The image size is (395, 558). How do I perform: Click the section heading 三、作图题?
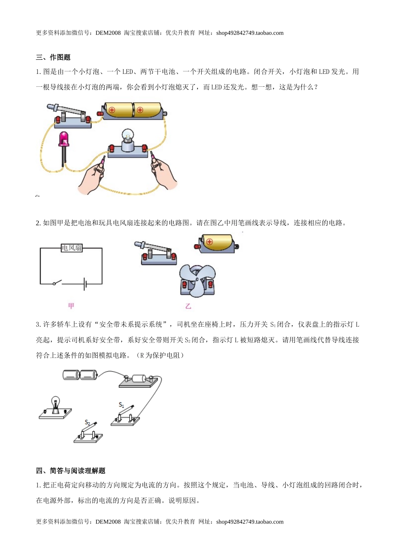[x=53, y=57]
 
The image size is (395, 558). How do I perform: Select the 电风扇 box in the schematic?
[x=72, y=248]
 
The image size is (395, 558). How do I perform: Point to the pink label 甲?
[x=71, y=306]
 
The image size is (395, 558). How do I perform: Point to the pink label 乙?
[x=188, y=306]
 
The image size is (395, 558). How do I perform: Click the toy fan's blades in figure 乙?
[x=197, y=280]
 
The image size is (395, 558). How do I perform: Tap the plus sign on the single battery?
[x=209, y=241]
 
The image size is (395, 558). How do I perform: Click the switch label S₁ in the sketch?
[x=121, y=405]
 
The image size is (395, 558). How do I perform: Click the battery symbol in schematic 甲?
[x=85, y=284]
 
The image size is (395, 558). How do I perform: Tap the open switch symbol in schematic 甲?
[x=57, y=282]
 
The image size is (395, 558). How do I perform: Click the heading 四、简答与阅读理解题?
[x=71, y=470]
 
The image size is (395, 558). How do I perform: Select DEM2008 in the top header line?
[x=108, y=33]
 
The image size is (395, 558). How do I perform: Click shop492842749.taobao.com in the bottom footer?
[x=250, y=521]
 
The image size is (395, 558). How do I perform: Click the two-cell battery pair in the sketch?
[x=80, y=375]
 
